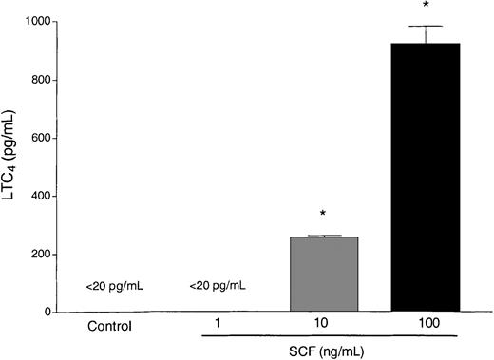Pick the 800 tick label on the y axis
point(39,80)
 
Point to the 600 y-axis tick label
point(39,138)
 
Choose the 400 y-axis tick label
point(39,197)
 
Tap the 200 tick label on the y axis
point(39,255)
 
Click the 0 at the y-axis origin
point(47,313)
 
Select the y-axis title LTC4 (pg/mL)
point(11,166)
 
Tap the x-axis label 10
point(323,324)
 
